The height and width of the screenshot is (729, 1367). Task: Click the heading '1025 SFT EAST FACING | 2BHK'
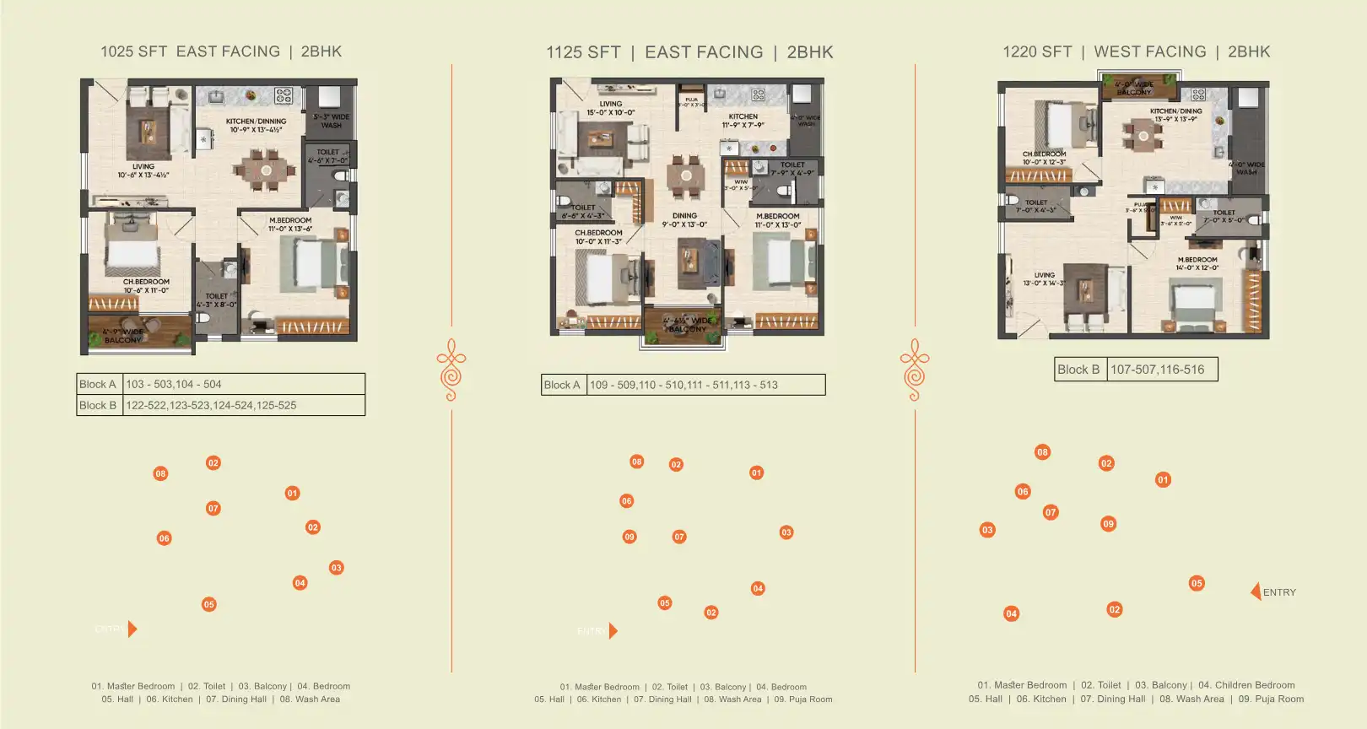221,51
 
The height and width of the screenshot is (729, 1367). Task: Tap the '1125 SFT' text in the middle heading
583,52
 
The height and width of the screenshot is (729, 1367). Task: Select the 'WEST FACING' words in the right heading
1150,51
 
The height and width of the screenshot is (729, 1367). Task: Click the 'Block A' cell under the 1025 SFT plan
98,384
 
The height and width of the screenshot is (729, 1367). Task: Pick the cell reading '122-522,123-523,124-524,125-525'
211,405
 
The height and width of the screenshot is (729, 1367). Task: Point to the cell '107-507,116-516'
1157,370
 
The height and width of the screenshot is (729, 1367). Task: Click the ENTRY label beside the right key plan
1279,592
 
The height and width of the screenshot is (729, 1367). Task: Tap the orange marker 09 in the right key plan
1108,524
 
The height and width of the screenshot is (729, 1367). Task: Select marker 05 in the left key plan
209,604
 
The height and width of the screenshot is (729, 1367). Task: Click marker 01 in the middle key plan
756,473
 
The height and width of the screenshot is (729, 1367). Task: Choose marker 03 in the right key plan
987,530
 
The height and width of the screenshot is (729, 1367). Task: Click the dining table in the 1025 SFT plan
266,170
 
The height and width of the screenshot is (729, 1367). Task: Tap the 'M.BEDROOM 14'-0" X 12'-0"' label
1197,263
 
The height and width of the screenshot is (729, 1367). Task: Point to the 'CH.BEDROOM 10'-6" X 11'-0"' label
146,286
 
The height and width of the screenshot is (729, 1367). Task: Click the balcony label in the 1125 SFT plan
687,325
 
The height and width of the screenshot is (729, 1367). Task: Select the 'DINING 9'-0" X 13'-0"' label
684,220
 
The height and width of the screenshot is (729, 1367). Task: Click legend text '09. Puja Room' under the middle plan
802,699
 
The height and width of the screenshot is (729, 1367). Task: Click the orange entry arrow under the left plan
132,629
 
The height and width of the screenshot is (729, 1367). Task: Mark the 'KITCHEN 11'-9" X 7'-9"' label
743,121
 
